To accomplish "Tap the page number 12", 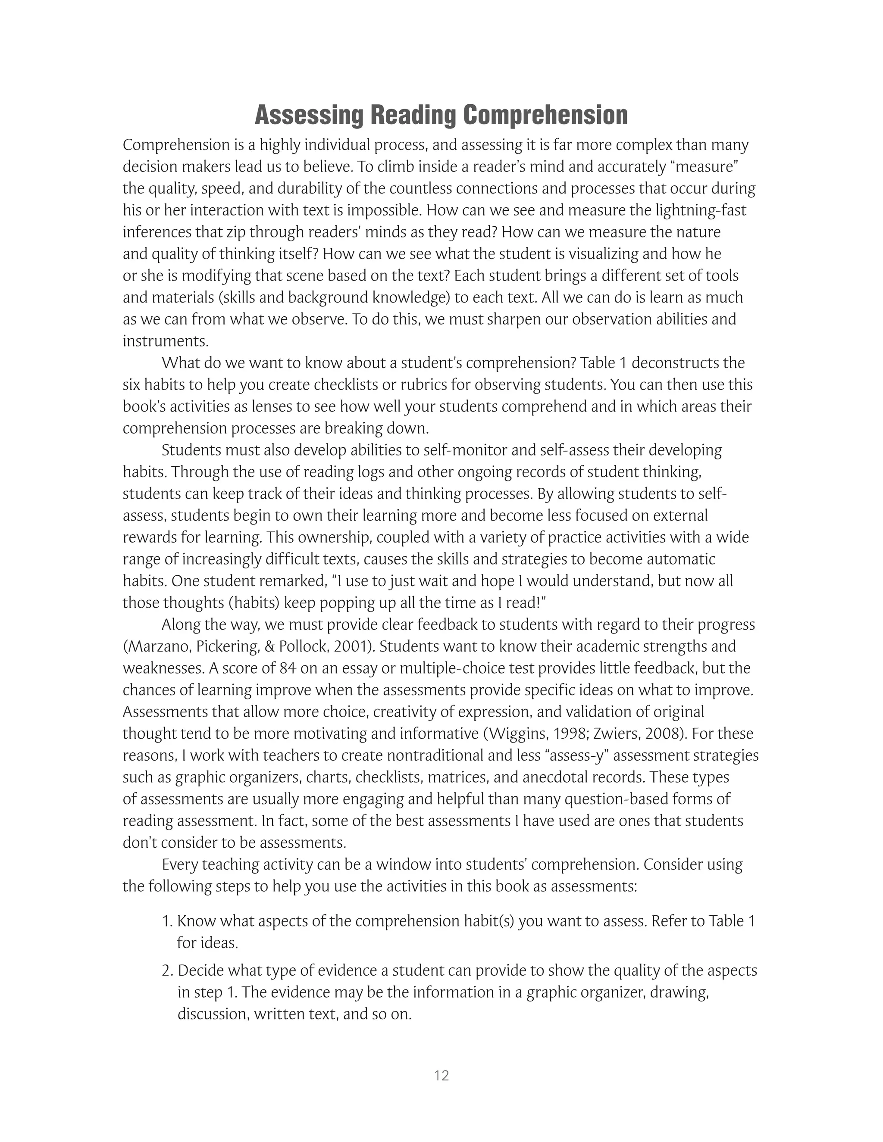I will point(441,1076).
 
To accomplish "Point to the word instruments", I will point(165,341).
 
